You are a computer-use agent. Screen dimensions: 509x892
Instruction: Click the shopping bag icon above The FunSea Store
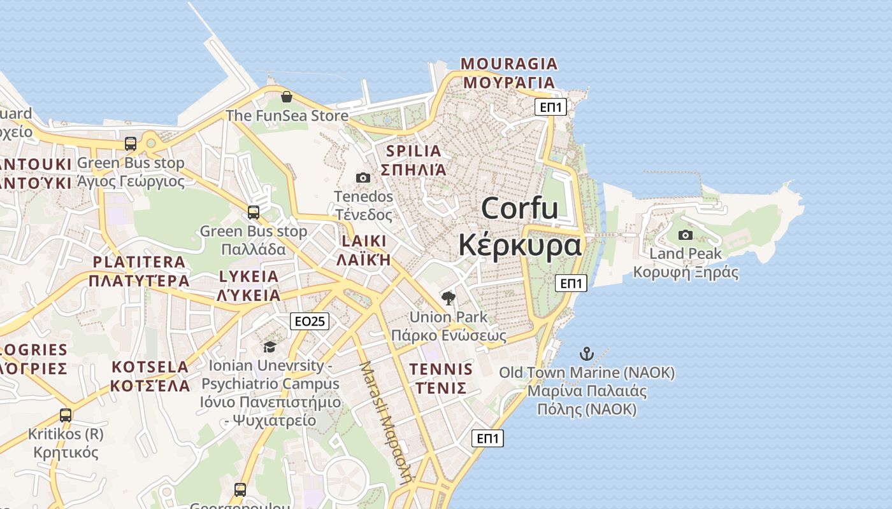[287, 97]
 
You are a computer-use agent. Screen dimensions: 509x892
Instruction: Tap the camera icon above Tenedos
[363, 178]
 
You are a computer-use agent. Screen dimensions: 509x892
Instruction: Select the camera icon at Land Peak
[686, 235]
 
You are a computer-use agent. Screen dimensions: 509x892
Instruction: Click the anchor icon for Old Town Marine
[586, 354]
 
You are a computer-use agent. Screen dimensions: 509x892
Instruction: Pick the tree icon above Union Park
[449, 298]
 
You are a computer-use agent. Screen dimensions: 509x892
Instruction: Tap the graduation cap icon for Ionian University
[270, 347]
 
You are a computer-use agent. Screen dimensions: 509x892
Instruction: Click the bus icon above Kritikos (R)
[66, 415]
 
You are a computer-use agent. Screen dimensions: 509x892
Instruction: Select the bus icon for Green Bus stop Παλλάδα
[254, 213]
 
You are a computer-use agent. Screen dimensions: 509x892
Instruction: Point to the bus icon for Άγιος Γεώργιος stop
[131, 143]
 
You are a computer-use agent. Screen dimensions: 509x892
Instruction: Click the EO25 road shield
[310, 321]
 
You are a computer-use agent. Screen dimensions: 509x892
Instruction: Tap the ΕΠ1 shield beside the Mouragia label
[551, 107]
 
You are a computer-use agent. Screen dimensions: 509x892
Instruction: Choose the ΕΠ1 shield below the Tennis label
[487, 438]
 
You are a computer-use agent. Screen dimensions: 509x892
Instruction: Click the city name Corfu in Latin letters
[519, 208]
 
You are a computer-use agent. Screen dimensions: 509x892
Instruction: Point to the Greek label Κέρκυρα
[520, 245]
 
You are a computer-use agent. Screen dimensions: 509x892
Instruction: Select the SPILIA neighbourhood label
[414, 151]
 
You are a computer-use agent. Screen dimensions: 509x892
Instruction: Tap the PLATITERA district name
[139, 262]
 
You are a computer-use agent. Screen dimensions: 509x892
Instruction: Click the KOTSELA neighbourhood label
[150, 367]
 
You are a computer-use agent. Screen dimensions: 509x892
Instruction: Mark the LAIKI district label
[364, 241]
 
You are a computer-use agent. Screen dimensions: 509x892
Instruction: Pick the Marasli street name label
[384, 423]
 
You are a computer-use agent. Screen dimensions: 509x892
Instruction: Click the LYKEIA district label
[248, 277]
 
